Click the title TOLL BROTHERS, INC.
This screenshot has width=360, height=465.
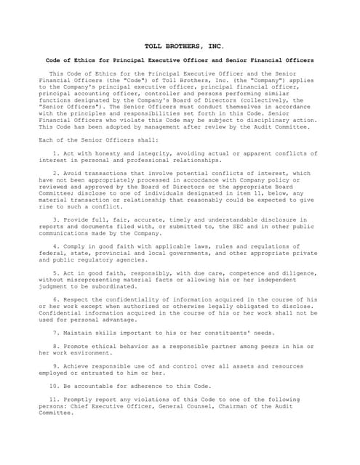180,45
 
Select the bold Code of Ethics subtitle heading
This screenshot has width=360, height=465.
180,60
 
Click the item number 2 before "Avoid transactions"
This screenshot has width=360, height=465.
56,174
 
